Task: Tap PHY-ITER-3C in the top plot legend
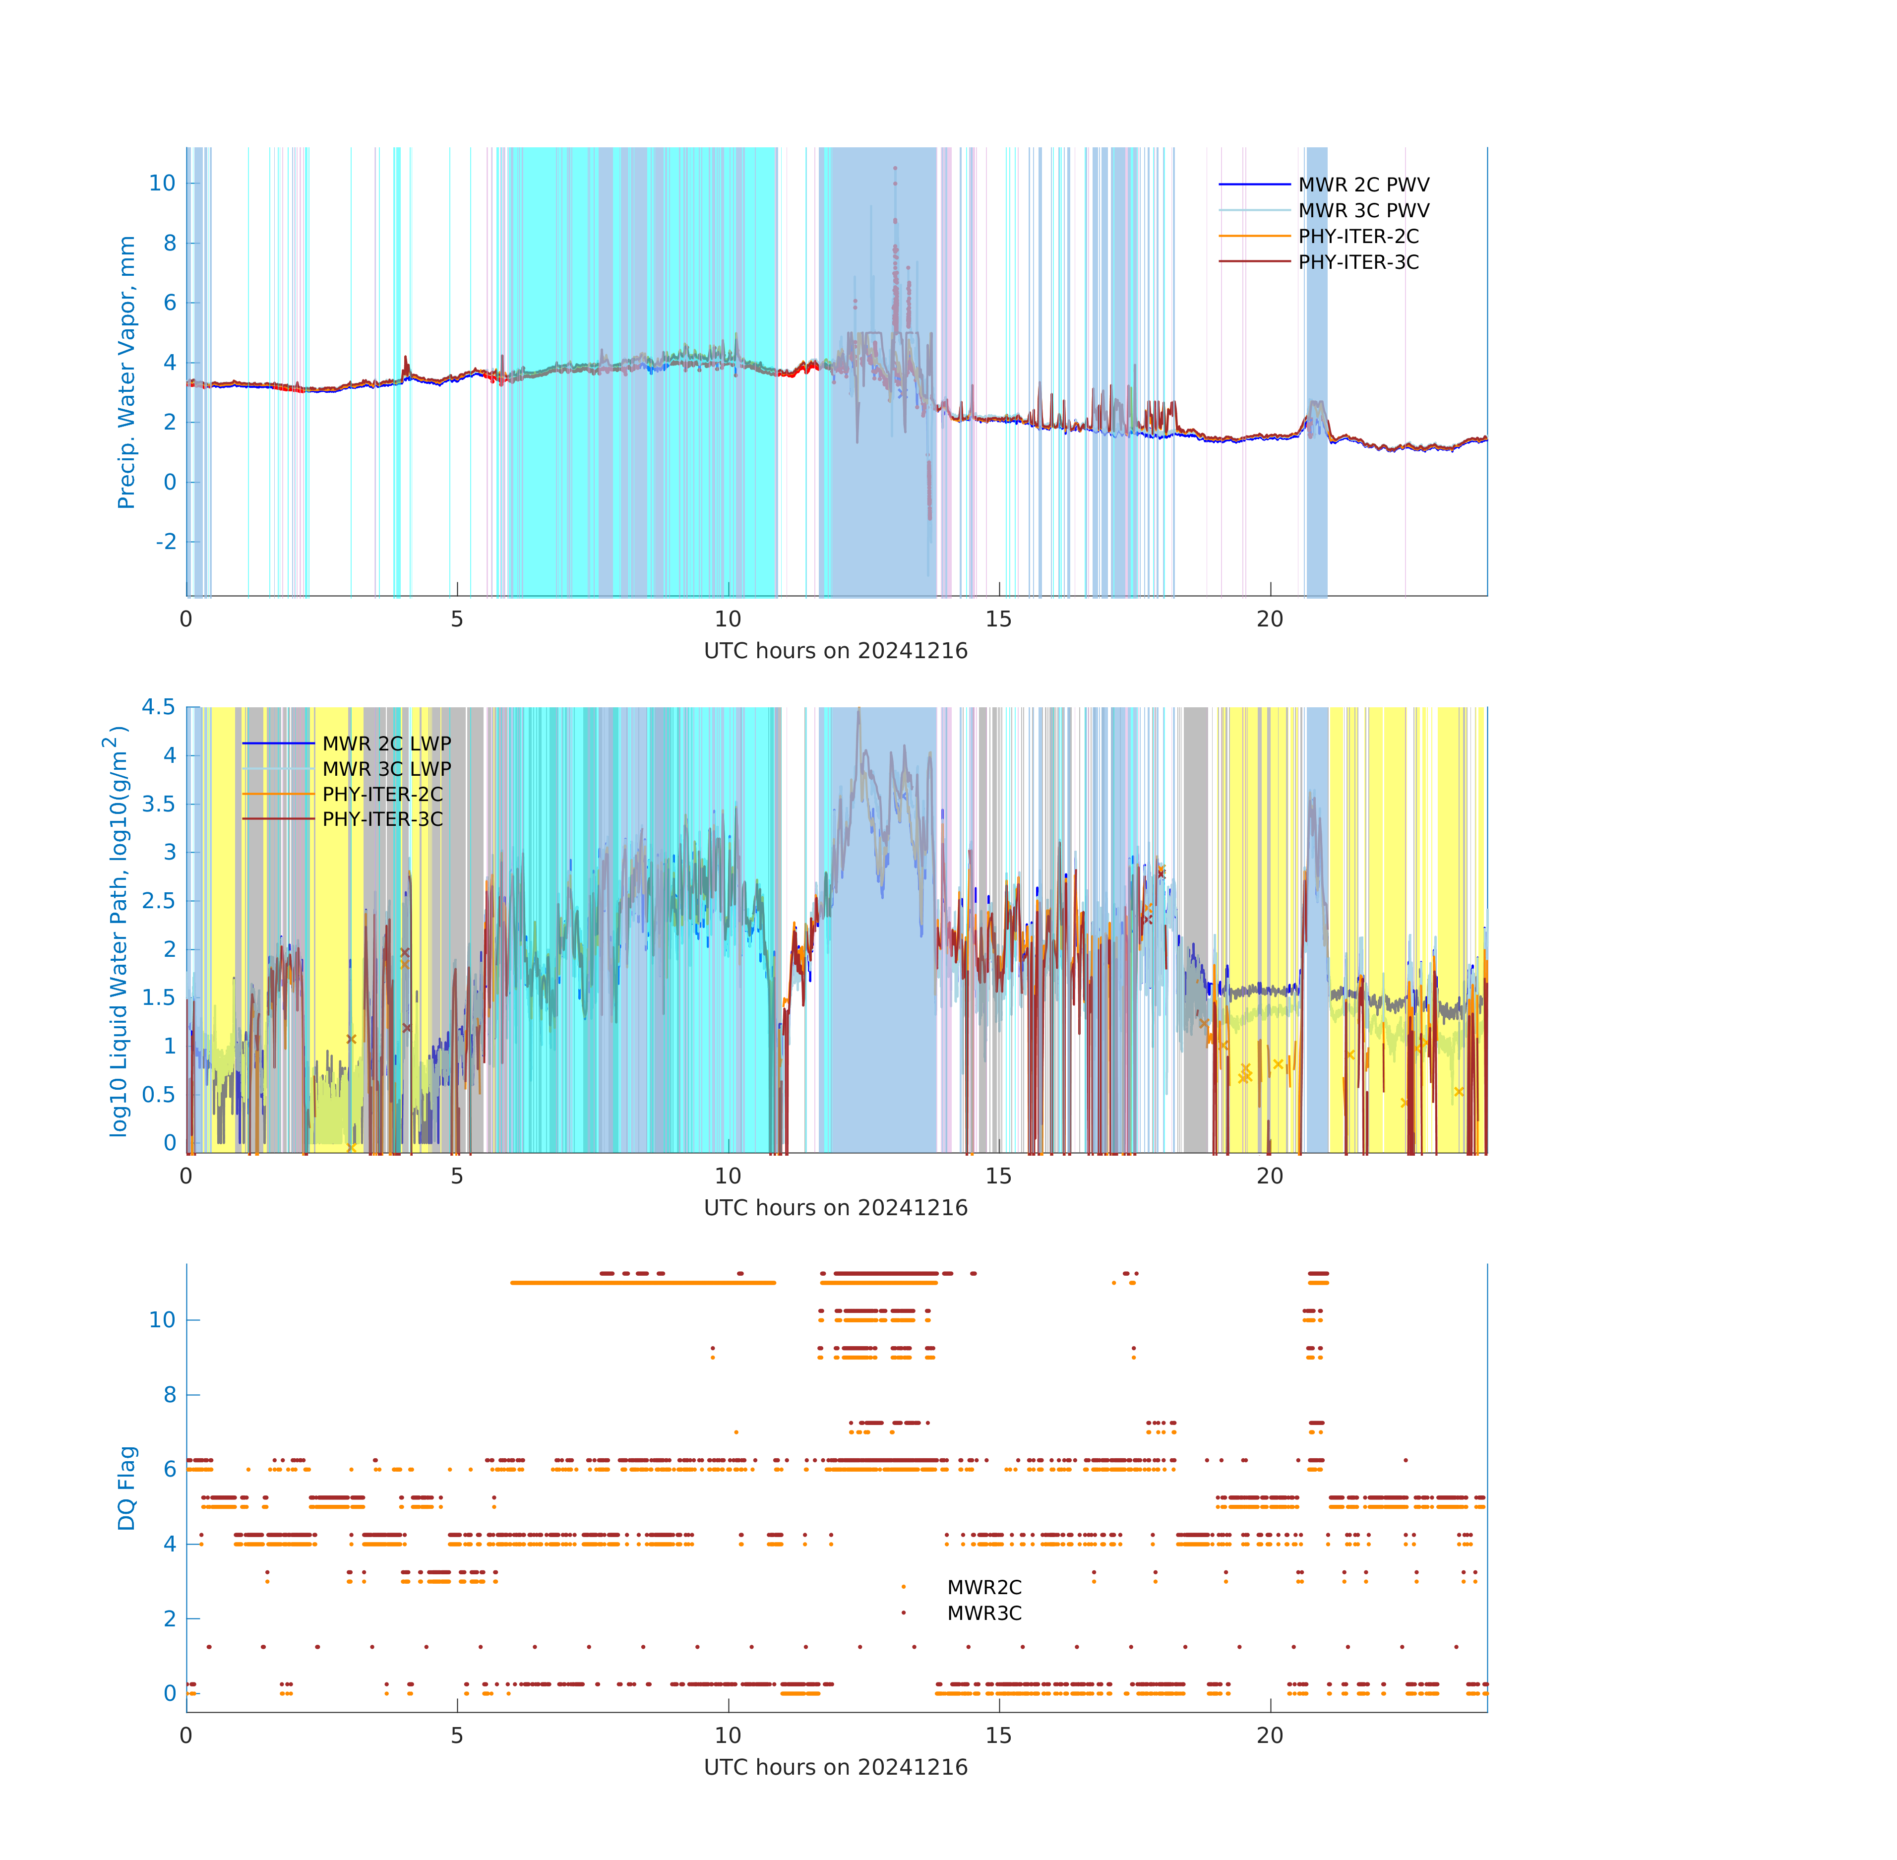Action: coord(1358,262)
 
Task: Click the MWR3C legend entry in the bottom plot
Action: coord(983,1613)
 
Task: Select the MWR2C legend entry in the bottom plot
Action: coord(983,1587)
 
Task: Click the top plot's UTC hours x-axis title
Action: coord(835,651)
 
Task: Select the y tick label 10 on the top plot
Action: coord(162,183)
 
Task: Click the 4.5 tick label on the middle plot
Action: coord(158,706)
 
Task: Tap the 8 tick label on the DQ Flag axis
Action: coord(170,1394)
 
